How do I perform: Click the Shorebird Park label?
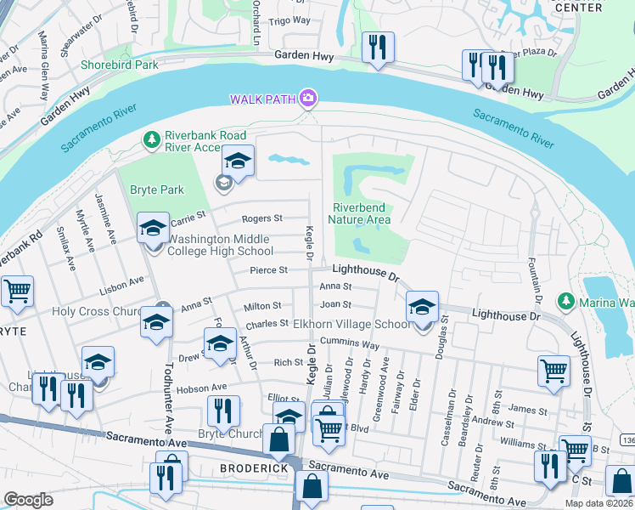[119, 65]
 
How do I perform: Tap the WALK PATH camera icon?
[308, 99]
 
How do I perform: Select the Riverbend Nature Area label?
[361, 213]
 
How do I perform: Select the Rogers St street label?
[261, 218]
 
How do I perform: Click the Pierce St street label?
[269, 270]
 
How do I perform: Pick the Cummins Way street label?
[357, 345]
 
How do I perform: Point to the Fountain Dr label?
[537, 280]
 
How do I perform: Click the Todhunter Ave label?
[166, 391]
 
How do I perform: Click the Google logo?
[28, 500]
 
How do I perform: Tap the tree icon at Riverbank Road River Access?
[153, 139]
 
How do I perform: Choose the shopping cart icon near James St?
[554, 370]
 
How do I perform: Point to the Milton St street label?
[263, 306]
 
